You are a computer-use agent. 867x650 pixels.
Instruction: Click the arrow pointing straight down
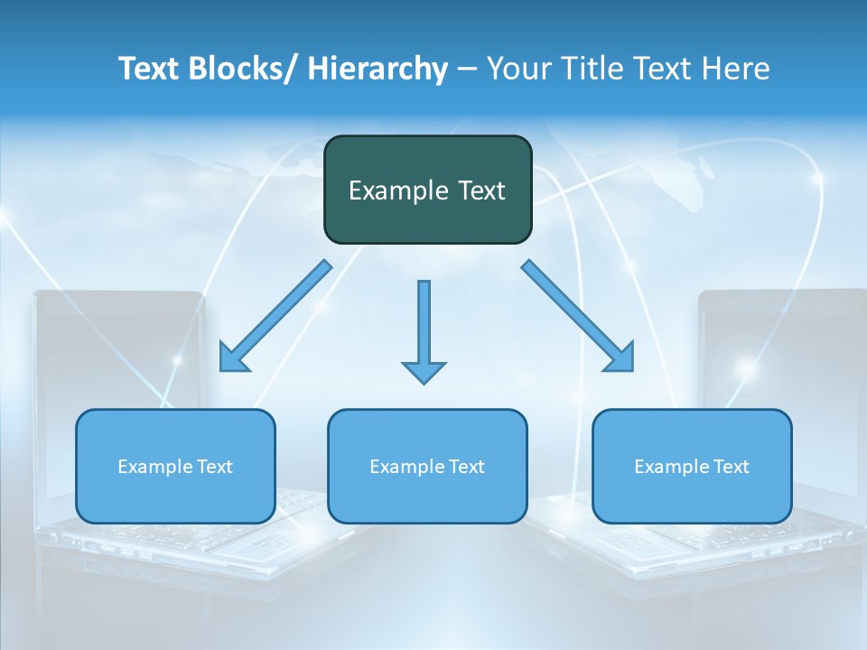click(424, 325)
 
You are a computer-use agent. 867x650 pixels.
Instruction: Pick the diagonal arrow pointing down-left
click(275, 316)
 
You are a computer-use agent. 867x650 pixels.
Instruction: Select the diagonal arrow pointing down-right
click(578, 316)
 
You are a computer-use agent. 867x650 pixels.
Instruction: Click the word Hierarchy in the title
click(377, 70)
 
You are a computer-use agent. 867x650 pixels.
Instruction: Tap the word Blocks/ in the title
click(236, 69)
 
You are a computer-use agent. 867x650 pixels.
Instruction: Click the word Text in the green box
click(481, 190)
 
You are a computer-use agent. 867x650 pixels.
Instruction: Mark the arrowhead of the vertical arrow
click(424, 371)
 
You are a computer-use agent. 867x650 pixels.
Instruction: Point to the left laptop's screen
click(117, 352)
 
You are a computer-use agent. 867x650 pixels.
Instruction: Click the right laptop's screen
click(781, 352)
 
